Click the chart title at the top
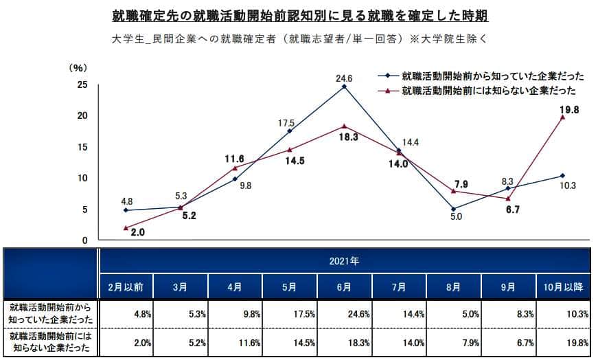[299, 15]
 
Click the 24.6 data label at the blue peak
[344, 79]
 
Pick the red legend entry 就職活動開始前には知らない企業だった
[488, 90]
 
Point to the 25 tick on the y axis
[82, 85]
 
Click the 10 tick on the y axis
[82, 179]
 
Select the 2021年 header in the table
[345, 262]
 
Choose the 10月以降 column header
[562, 286]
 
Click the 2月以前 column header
[126, 286]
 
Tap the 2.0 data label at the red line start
[138, 233]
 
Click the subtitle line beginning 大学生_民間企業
[299, 38]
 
